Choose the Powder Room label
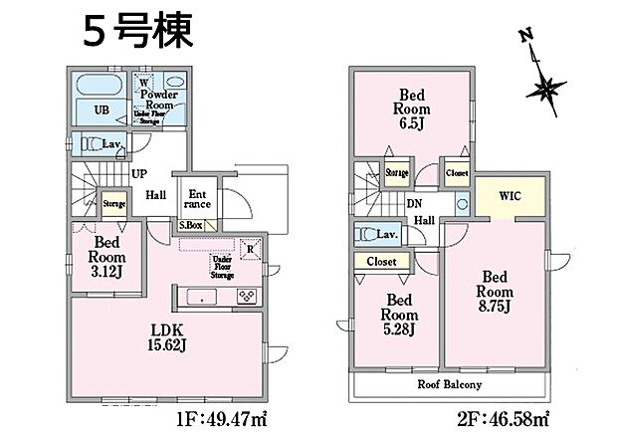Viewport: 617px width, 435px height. [x=158, y=99]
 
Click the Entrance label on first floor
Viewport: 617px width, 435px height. [x=196, y=199]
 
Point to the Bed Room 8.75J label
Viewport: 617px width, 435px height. [x=495, y=292]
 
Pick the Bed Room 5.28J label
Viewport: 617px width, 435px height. [x=399, y=315]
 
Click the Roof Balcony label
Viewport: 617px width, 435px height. [x=450, y=384]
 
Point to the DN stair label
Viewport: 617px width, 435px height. [x=413, y=203]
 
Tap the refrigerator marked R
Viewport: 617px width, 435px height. [x=250, y=249]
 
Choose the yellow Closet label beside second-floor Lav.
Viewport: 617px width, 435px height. [x=381, y=262]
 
